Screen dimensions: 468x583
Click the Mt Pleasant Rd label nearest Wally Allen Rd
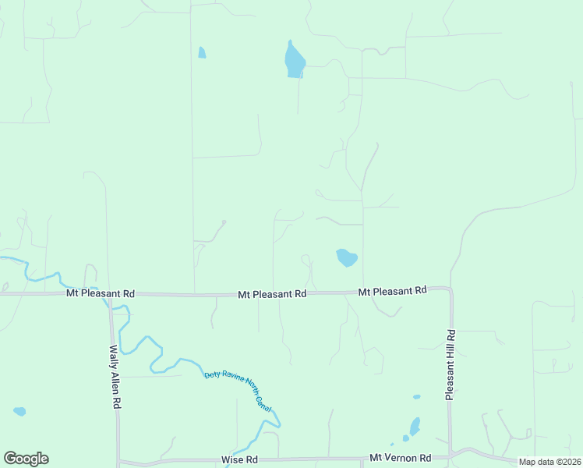coord(101,293)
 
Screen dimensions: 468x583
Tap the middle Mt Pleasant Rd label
coord(272,294)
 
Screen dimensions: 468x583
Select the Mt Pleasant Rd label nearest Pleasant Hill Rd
coord(393,291)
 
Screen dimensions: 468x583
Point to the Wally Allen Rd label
coord(115,378)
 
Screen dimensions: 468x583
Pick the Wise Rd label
coord(238,459)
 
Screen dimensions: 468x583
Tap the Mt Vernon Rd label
coord(400,458)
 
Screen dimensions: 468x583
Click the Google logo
coord(26,459)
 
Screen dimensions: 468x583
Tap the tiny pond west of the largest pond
coord(202,53)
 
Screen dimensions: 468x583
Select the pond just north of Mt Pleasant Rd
coord(346,257)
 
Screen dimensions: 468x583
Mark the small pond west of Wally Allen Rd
coord(19,411)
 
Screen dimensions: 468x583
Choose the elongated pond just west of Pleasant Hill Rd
coord(415,426)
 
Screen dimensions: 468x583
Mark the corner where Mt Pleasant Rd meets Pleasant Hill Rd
coord(450,289)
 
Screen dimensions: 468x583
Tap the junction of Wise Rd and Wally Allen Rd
coord(118,461)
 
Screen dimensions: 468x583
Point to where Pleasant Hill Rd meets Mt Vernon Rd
coord(452,455)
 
